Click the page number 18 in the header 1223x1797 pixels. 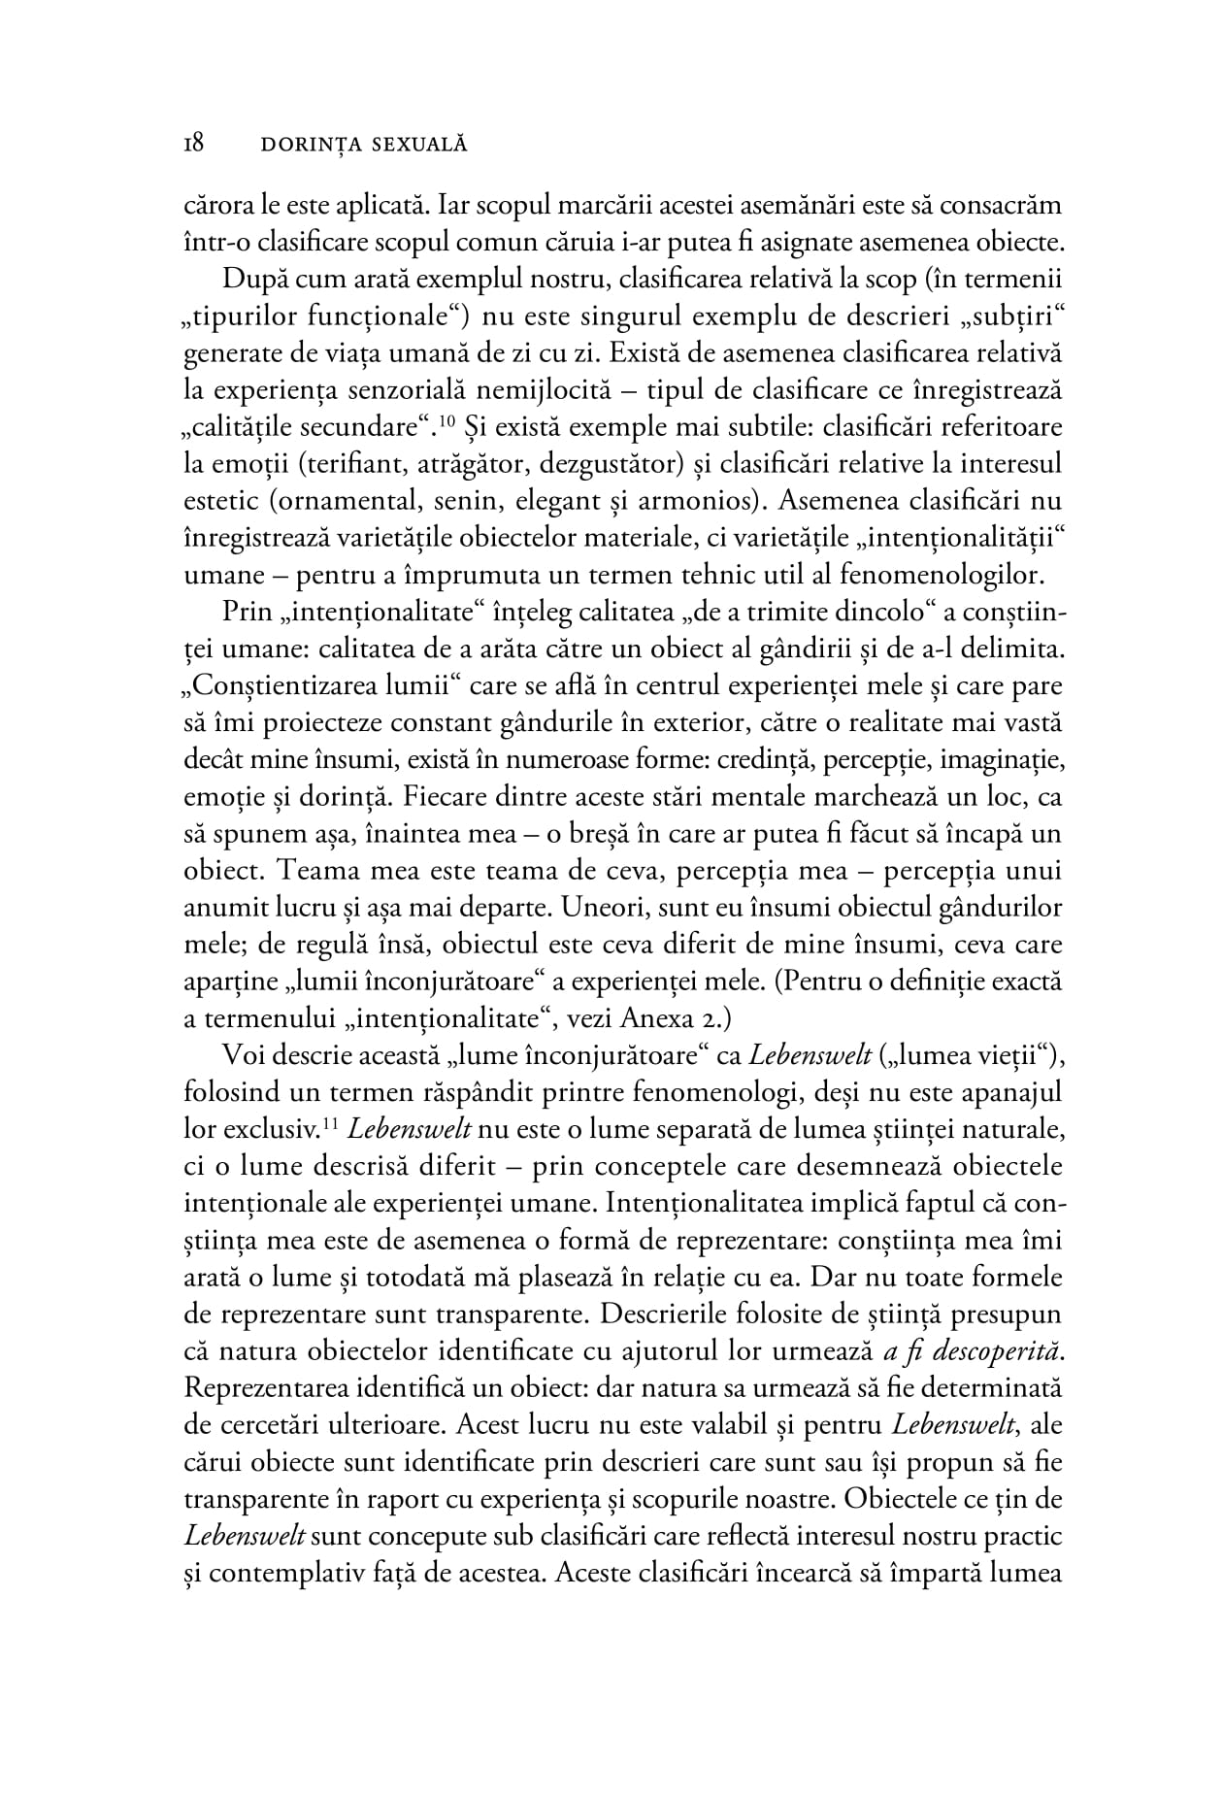click(x=193, y=144)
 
